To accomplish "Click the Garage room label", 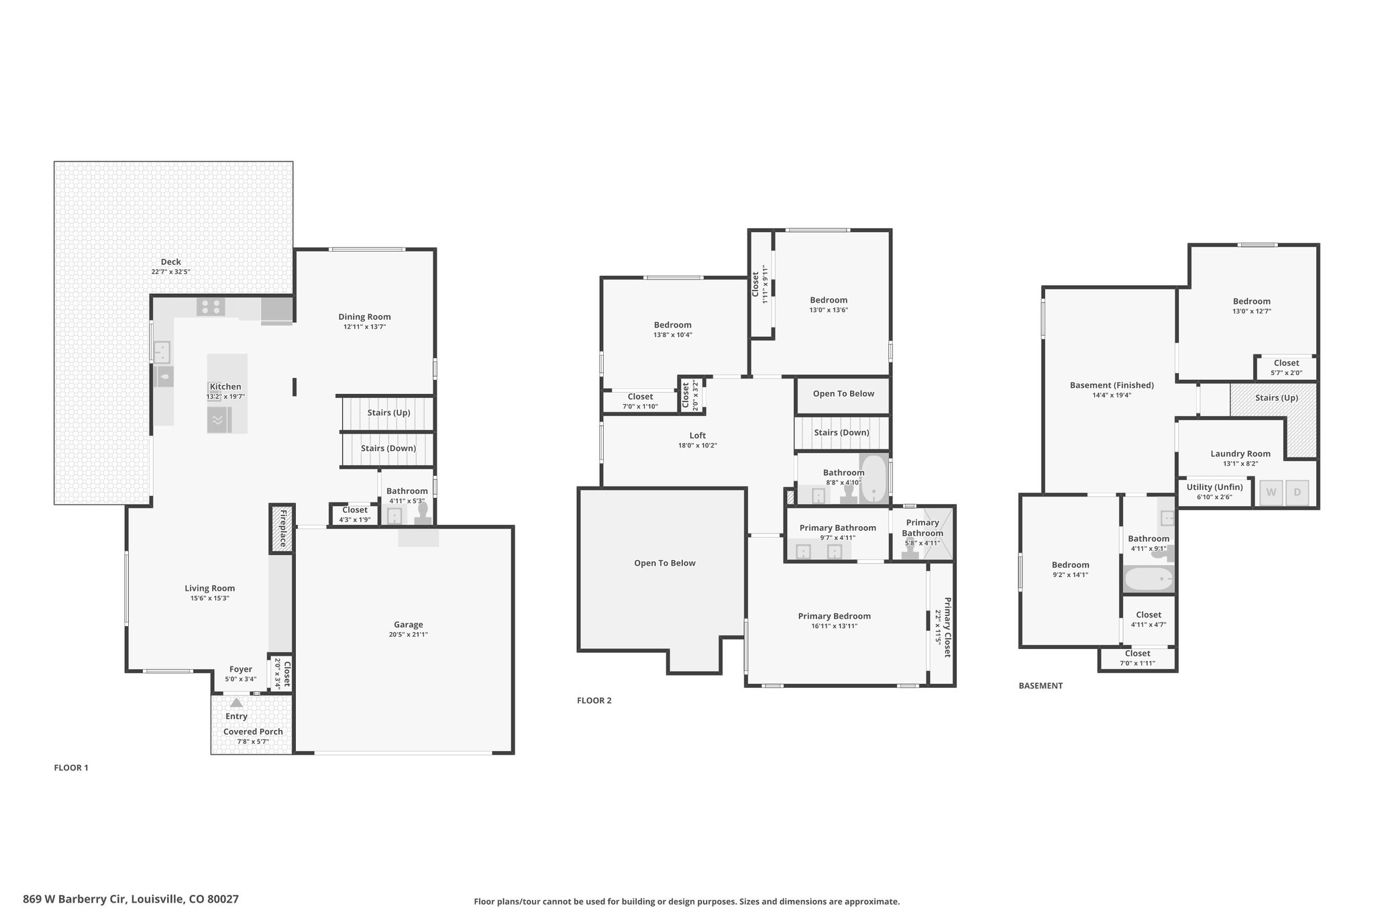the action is [408, 625].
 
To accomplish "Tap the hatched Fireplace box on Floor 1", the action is [282, 529].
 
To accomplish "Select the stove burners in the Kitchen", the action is [211, 307].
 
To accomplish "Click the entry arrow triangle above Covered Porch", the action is [236, 703].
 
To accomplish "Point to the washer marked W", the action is [1271, 493].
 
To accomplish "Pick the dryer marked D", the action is [1297, 493].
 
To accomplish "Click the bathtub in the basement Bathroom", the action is [1149, 578].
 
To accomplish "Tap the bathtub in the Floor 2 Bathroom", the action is [874, 479].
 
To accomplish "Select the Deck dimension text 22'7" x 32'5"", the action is [171, 272].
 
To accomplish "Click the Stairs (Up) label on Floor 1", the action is [388, 413].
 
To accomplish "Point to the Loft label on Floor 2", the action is [698, 436].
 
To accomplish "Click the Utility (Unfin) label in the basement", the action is [1214, 487].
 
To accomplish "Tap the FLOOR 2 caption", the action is [594, 701].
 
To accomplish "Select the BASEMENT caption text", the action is [1041, 686].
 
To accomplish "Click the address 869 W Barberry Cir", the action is [74, 899].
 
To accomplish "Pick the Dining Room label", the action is [364, 317].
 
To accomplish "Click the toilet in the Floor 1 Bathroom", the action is [423, 513].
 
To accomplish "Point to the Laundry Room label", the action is [1240, 454].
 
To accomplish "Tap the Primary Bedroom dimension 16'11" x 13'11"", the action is [834, 626].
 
